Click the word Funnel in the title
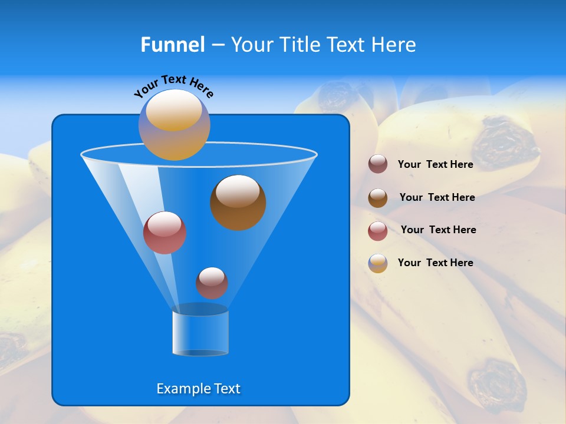[172, 45]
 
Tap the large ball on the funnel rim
[174, 125]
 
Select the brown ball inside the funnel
[238, 202]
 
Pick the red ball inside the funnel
[164, 233]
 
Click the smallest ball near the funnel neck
[212, 283]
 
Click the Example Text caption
[198, 389]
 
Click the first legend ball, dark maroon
[378, 164]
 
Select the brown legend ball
[378, 197]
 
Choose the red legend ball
[378, 231]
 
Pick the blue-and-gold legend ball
[378, 263]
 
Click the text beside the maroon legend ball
[435, 164]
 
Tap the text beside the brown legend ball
[437, 197]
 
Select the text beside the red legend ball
[438, 230]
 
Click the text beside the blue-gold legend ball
[435, 263]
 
